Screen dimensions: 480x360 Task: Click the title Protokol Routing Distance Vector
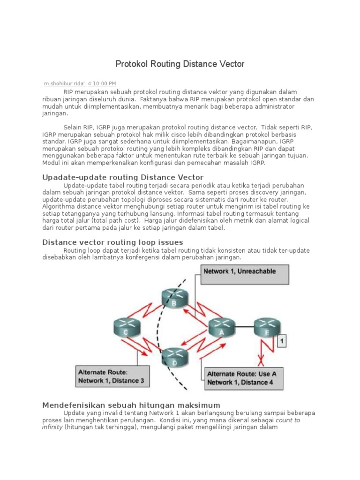point(180,64)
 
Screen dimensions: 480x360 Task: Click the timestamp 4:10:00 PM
point(102,83)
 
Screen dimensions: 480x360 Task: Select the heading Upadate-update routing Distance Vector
point(123,177)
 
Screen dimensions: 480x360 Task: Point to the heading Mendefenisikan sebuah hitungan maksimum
point(131,405)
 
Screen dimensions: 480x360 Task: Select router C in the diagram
point(126,327)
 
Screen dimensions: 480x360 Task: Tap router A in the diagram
point(222,327)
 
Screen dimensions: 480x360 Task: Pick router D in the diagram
point(174,357)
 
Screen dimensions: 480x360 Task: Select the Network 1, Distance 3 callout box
point(112,376)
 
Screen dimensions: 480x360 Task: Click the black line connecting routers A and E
point(245,327)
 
